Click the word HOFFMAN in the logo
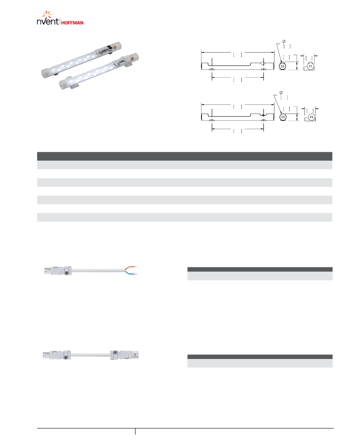(72, 23)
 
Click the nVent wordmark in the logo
(48, 21)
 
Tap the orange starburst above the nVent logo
(47, 14)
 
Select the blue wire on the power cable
(131, 273)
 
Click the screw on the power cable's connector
(66, 273)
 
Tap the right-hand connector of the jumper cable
(125, 355)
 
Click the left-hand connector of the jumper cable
(57, 355)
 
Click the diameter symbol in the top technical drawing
(284, 42)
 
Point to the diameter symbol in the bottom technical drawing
(281, 93)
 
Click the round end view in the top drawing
(282, 66)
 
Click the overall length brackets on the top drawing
(238, 55)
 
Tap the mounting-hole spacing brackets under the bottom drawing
(238, 131)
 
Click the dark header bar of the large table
(185, 156)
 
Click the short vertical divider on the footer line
(136, 431)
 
